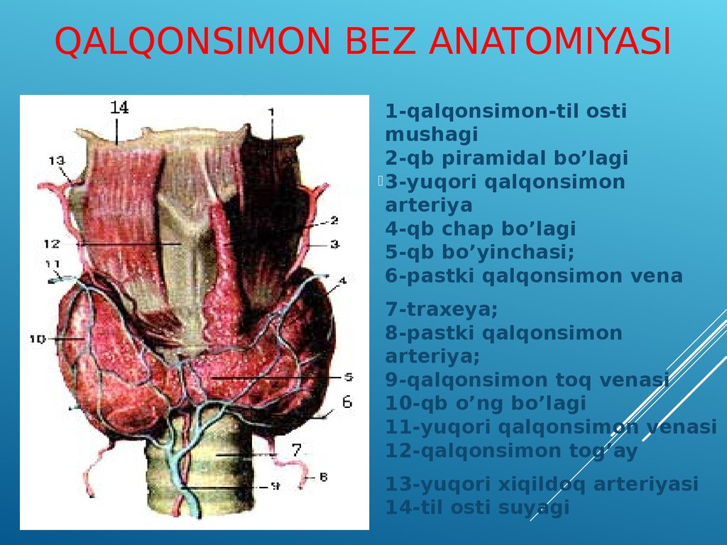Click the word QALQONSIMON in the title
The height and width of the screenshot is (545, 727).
click(x=192, y=41)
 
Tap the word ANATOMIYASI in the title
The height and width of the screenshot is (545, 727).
click(x=550, y=40)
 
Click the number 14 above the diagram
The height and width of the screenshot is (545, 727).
click(x=119, y=108)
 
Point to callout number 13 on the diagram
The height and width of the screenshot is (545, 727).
click(x=57, y=160)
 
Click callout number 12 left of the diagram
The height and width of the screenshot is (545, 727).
click(x=52, y=243)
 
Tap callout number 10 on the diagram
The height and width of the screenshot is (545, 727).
click(x=37, y=339)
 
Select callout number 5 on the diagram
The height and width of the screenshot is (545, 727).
click(x=349, y=378)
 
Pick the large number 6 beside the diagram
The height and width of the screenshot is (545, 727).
click(x=347, y=402)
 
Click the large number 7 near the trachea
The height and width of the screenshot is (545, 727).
click(x=297, y=449)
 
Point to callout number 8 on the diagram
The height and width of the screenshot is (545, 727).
click(x=324, y=476)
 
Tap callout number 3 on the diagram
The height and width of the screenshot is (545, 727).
click(x=335, y=244)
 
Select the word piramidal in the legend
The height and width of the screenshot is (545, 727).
click(x=487, y=158)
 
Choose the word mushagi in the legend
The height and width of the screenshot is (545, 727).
click(x=431, y=135)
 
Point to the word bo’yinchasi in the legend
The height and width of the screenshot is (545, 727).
click(x=508, y=253)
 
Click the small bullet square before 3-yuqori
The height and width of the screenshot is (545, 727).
click(x=381, y=181)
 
